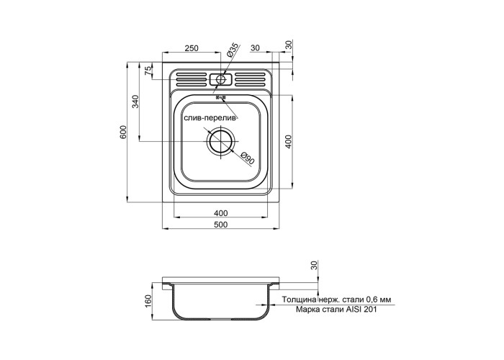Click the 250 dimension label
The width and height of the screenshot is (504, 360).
click(192, 48)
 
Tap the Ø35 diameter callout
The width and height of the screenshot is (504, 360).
click(233, 50)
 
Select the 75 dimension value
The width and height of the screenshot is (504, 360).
click(148, 71)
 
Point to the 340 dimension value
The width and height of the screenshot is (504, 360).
click(135, 102)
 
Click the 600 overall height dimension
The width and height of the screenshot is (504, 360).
click(123, 132)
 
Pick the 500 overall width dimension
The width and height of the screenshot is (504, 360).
click(221, 225)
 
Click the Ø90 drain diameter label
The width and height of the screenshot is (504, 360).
click(247, 158)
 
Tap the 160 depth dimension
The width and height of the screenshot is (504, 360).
click(148, 301)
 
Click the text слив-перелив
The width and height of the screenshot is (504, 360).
click(210, 118)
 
